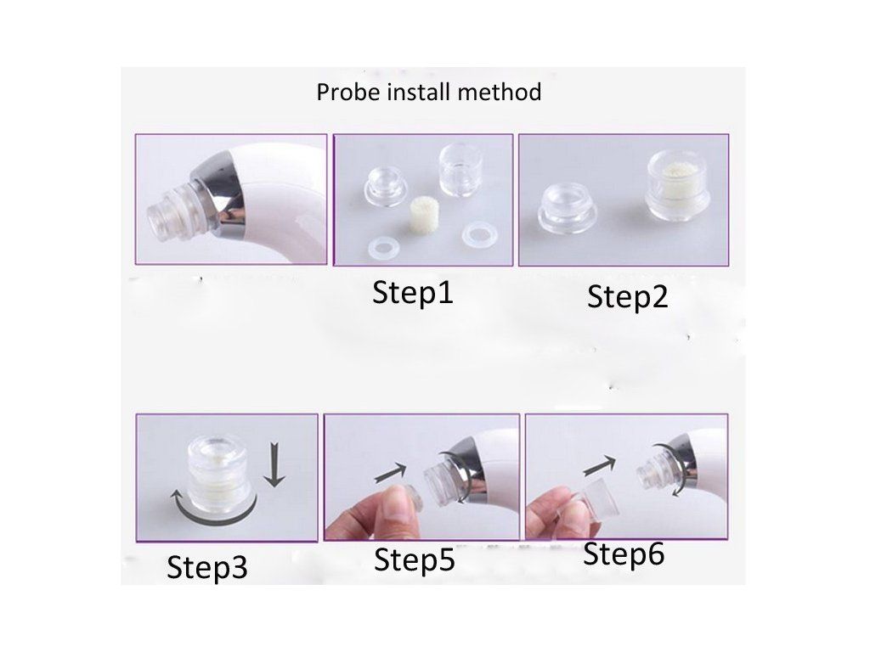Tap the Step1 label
413,292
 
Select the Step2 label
628,296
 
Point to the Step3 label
207,566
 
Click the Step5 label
415,559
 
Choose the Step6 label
624,554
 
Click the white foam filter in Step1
420,218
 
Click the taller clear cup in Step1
460,170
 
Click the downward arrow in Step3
274,464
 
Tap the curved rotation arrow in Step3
213,514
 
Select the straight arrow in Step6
599,464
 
